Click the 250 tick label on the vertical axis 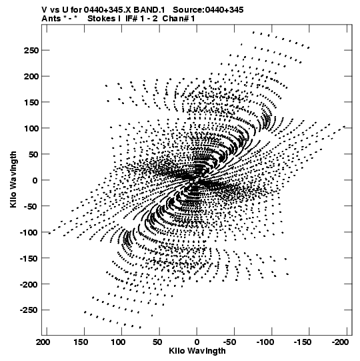click(x=31, y=51)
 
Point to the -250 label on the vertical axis click(x=29, y=310)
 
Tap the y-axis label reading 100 click(x=31, y=128)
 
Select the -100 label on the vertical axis click(x=29, y=232)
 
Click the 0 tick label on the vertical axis click(x=35, y=180)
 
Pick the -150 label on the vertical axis click(x=29, y=258)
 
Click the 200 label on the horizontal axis click(x=43, y=342)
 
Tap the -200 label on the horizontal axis click(x=340, y=342)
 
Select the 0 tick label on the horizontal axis click(x=197, y=342)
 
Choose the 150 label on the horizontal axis click(x=81, y=342)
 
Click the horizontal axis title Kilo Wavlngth click(x=197, y=351)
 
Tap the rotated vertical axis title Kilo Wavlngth click(x=13, y=179)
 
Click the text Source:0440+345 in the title click(x=208, y=9)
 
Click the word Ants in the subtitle click(x=51, y=18)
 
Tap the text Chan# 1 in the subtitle click(x=179, y=18)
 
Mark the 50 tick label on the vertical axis click(x=33, y=154)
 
